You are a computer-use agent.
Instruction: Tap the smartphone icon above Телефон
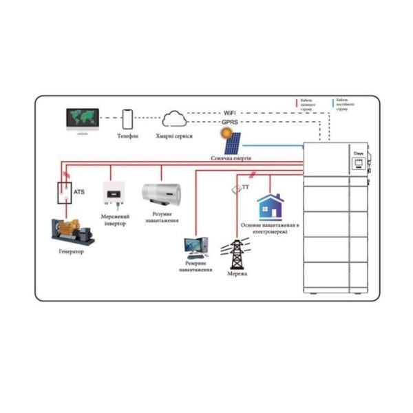[x=127, y=119]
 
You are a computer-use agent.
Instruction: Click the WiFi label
[x=231, y=112]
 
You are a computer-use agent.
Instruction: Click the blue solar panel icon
[x=231, y=142]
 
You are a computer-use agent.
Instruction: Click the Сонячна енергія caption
[x=231, y=158]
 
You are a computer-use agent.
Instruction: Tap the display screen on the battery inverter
[x=357, y=163]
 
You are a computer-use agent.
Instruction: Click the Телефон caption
[x=127, y=136]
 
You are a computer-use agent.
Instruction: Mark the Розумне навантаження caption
[x=161, y=218]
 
